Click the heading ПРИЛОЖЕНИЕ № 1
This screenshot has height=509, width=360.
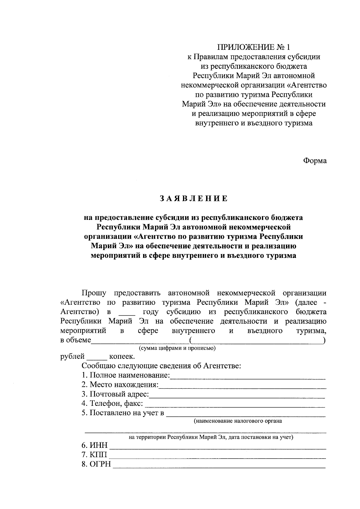tap(254, 47)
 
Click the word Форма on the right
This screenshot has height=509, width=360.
tap(314, 161)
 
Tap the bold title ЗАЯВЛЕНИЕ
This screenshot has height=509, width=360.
tap(193, 199)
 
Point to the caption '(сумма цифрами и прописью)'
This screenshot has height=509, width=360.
tap(177, 348)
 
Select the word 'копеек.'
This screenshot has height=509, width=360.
tap(122, 357)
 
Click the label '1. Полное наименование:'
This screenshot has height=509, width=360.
tap(126, 375)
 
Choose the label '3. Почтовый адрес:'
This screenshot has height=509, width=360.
tap(115, 394)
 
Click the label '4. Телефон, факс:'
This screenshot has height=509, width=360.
tap(112, 404)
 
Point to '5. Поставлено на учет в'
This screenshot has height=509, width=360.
tap(123, 413)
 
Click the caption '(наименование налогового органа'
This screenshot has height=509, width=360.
tap(238, 421)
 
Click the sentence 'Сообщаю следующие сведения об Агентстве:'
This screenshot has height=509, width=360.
tap(161, 366)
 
